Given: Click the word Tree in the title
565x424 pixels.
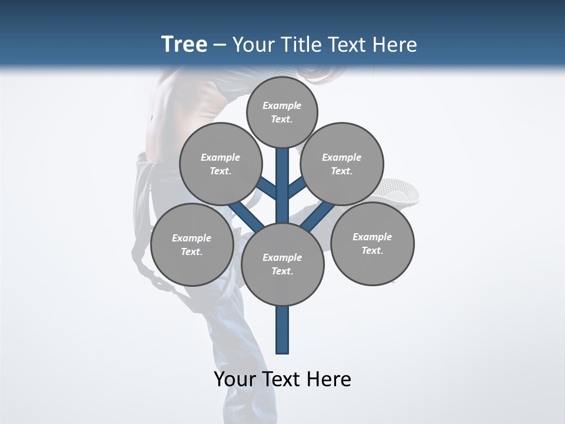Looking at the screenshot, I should tap(184, 44).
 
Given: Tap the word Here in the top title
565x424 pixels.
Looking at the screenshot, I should tap(394, 45).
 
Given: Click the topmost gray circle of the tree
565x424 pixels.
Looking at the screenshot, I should tap(282, 112).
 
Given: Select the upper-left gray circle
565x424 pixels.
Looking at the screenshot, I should tap(221, 164).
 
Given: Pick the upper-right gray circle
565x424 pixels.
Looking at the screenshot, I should tap(342, 164).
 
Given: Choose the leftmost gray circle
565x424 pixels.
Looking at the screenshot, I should tap(192, 244).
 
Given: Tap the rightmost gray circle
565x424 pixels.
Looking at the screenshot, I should tap(373, 243).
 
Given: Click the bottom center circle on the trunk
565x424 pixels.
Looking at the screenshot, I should tap(282, 264).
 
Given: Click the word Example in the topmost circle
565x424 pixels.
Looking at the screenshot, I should tap(282, 105).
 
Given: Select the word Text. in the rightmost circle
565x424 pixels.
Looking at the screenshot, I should tap(372, 250).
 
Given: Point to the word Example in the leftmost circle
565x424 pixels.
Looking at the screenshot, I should tap(191, 238).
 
